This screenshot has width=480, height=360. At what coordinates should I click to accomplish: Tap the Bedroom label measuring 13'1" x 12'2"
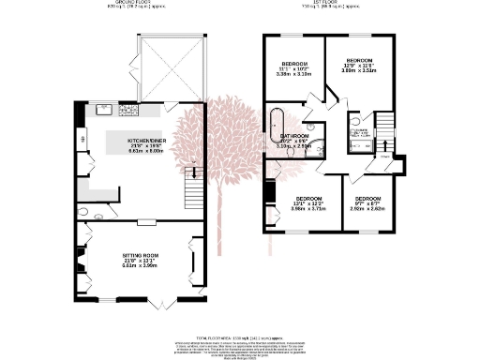point(308,203)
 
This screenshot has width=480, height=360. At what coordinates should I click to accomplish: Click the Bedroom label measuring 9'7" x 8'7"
point(368,204)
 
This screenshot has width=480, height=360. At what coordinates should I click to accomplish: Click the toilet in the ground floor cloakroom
point(83,213)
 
